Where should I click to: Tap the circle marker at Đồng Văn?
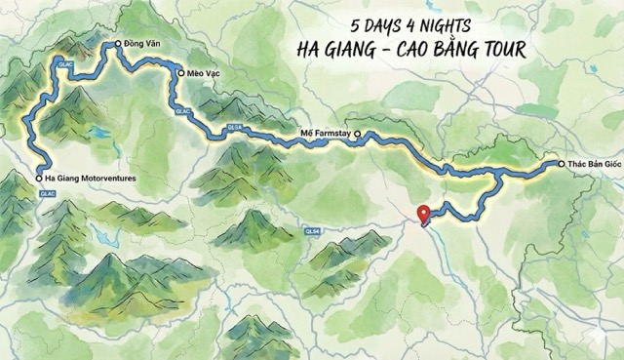click(115, 43)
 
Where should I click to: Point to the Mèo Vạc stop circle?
click(180, 72)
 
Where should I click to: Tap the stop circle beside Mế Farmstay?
click(357, 134)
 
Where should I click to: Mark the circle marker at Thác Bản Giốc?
click(562, 164)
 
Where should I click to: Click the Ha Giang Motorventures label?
click(91, 179)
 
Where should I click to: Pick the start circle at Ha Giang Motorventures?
click(38, 179)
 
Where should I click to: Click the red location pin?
click(422, 213)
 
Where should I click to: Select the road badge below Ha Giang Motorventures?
click(47, 193)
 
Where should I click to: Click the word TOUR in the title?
click(496, 48)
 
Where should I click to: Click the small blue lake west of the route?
click(100, 130)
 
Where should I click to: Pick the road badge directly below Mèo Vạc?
click(182, 112)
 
